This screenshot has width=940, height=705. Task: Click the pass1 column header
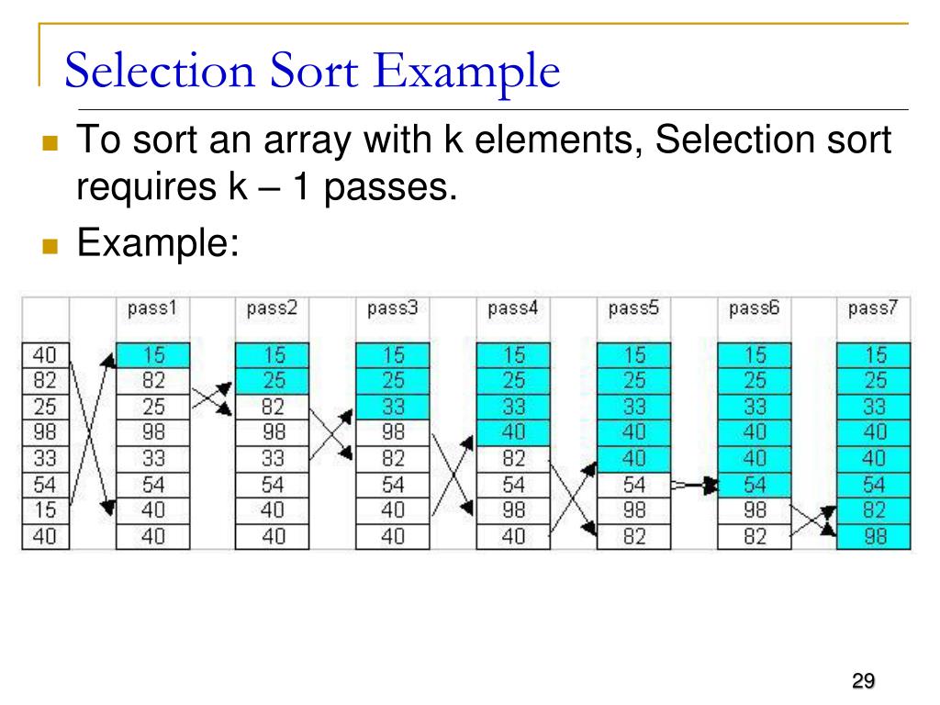152,309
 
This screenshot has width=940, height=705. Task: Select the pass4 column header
513,309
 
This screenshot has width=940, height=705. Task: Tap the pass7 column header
873,309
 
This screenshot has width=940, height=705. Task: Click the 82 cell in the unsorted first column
44,379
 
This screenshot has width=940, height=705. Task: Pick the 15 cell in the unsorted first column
44,509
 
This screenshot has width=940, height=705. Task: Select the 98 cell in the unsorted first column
44,431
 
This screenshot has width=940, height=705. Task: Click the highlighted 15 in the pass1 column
153,354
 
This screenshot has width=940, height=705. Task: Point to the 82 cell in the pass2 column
273,406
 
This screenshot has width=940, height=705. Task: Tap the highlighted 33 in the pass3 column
392,406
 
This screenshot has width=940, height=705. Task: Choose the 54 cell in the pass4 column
513,484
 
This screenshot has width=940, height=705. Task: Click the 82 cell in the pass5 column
633,536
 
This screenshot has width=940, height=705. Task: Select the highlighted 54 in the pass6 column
754,484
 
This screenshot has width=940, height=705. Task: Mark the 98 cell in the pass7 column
875,536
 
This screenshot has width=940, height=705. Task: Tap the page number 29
862,680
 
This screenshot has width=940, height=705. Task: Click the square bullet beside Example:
50,247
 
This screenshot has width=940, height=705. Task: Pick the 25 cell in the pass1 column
153,406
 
